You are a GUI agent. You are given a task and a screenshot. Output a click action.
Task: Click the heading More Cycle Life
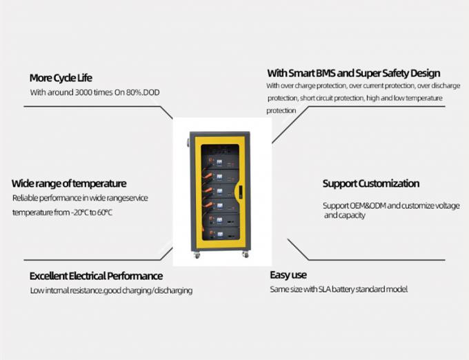(x=61, y=77)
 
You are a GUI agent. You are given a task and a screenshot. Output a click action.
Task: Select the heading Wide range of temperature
(x=69, y=183)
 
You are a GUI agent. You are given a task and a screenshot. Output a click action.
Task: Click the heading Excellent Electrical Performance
(x=96, y=276)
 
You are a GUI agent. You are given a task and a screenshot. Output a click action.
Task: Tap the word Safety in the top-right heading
(x=382, y=73)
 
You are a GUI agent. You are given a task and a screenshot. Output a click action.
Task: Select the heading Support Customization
(x=370, y=183)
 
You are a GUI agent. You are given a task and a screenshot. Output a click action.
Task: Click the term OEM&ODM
(x=366, y=206)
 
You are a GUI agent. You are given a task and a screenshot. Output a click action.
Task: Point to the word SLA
(x=323, y=289)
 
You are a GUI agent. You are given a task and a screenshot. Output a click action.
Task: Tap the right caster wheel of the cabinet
(x=245, y=254)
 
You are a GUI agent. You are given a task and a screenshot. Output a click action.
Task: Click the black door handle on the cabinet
(x=241, y=190)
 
